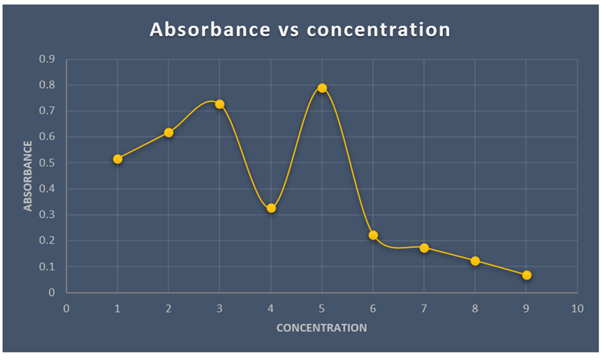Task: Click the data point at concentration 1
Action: [117, 159]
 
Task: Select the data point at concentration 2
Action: [169, 133]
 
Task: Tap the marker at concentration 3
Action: [220, 104]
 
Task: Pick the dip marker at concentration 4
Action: [271, 208]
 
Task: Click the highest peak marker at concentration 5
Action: [322, 88]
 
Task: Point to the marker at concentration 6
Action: [374, 235]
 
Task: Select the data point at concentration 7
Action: [424, 248]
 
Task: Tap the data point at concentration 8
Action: [475, 261]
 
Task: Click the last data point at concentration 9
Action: [526, 275]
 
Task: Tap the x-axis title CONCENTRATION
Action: [322, 328]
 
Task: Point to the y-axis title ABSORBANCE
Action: [29, 175]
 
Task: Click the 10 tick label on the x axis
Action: [577, 308]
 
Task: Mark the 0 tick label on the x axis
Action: [66, 308]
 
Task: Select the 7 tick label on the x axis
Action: [424, 308]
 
